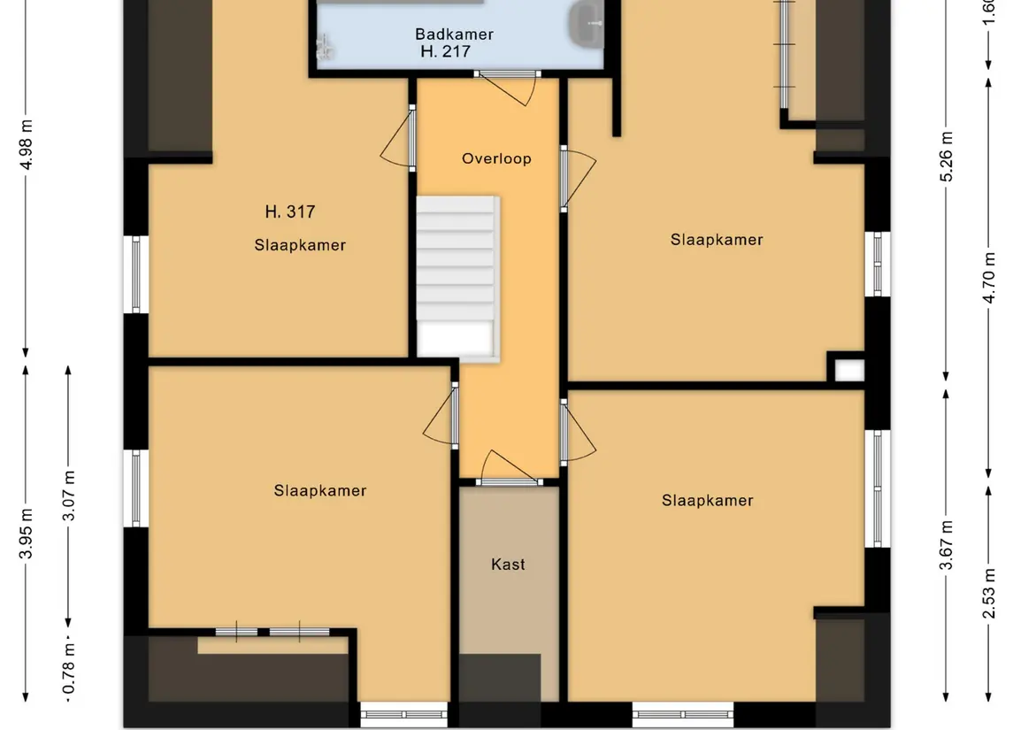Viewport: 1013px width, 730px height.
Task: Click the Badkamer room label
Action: click(x=454, y=35)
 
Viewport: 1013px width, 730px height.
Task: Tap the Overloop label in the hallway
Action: click(x=496, y=158)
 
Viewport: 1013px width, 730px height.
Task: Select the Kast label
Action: click(x=508, y=564)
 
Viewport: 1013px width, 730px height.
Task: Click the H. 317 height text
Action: click(x=290, y=211)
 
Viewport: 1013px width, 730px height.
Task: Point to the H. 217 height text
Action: click(x=445, y=51)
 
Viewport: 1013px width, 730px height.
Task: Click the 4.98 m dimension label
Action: click(x=26, y=145)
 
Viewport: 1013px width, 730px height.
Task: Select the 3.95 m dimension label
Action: click(x=26, y=534)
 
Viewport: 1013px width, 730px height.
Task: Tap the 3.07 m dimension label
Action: click(x=68, y=496)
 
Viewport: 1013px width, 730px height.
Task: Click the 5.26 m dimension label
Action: click(x=946, y=157)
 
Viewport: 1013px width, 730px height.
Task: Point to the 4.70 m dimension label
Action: click(x=988, y=278)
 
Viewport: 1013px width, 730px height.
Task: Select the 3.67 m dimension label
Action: click(x=946, y=545)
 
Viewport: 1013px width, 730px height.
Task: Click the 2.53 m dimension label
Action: click(x=988, y=593)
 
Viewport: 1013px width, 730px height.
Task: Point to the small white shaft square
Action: click(x=849, y=370)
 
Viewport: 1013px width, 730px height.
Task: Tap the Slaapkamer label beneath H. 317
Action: click(x=300, y=245)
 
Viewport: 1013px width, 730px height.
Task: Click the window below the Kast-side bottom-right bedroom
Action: click(x=683, y=714)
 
